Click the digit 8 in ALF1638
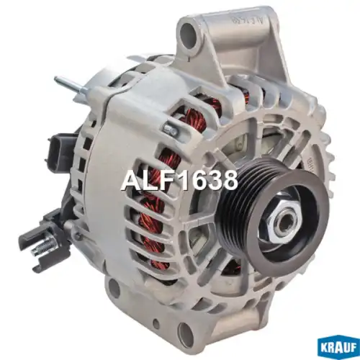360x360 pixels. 228,181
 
